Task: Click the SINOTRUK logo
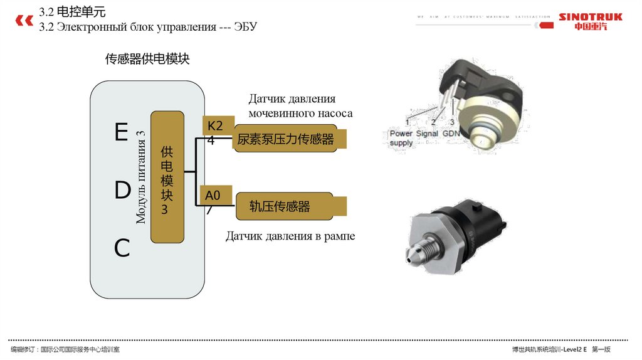pyautogui.click(x=590, y=21)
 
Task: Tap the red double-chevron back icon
pyautogui.click(x=24, y=21)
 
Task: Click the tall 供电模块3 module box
pyautogui.click(x=167, y=177)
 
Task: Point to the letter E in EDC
pyautogui.click(x=121, y=132)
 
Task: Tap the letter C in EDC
pyautogui.click(x=122, y=249)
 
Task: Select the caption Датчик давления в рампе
pyautogui.click(x=290, y=236)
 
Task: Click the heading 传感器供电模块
pyautogui.click(x=147, y=59)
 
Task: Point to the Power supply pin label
pyautogui.click(x=401, y=138)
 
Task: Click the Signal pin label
pyautogui.click(x=427, y=134)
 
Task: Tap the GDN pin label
pyautogui.click(x=451, y=134)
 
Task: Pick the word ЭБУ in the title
pyautogui.click(x=246, y=26)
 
